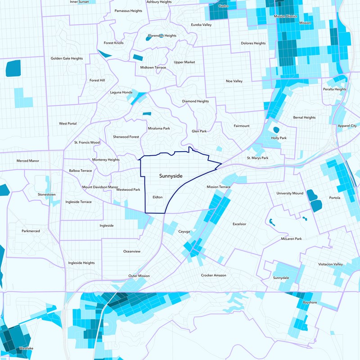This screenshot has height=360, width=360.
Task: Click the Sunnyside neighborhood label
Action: coord(171,176)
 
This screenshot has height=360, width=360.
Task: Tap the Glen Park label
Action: coord(199,131)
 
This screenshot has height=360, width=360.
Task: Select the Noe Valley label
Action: coord(234,81)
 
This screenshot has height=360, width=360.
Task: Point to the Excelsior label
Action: coord(239,224)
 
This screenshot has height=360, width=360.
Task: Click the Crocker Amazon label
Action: coord(213,275)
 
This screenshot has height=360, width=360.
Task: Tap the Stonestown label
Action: coord(47,194)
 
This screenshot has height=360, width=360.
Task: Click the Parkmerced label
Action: coord(31,231)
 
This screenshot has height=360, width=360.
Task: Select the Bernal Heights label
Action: coord(304,117)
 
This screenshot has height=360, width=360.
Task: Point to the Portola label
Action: coord(334,198)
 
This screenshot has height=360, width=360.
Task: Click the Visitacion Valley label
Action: coord(330,264)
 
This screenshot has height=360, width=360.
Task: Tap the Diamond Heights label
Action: coord(195,101)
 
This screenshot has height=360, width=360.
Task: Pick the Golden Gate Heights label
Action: coord(67,58)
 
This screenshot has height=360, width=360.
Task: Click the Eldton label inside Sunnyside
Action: coord(157,197)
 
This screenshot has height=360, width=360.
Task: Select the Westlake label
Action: coord(26,348)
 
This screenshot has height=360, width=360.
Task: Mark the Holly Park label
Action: coord(279,138)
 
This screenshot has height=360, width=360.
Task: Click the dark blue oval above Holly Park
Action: coord(276,130)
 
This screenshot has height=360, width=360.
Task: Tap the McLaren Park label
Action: coord(291,238)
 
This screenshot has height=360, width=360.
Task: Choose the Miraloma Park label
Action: coord(159,128)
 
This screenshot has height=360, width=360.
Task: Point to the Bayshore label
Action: coord(310,302)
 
